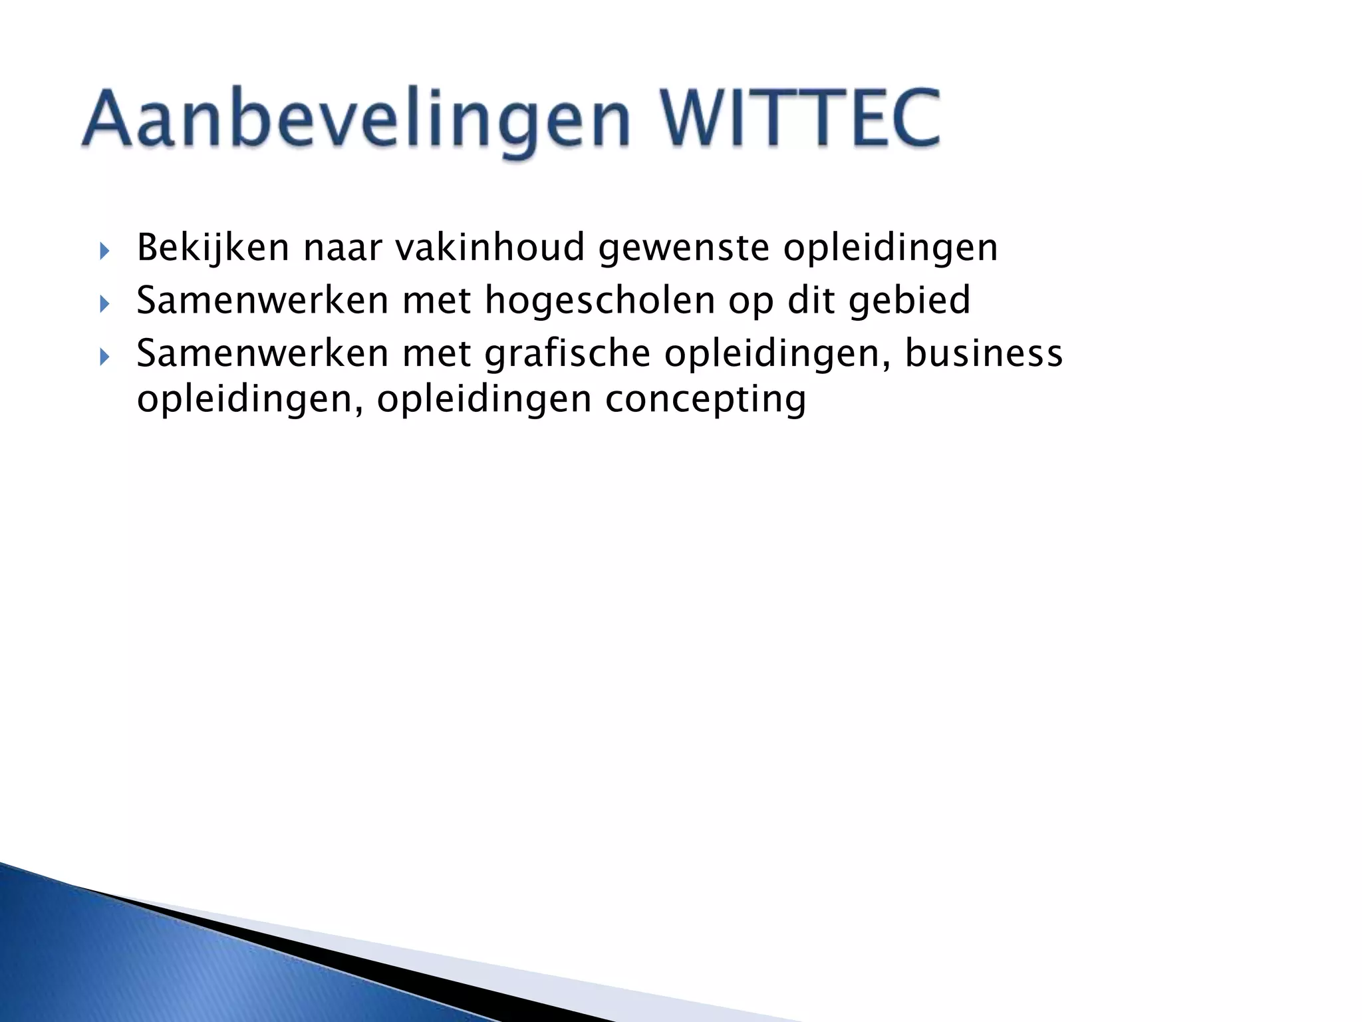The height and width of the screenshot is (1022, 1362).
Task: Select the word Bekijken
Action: click(x=213, y=248)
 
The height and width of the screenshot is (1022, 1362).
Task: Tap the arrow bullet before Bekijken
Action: click(x=103, y=251)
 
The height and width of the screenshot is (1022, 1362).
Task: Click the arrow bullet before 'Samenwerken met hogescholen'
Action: click(x=103, y=304)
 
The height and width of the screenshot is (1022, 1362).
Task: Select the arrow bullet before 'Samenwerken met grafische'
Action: click(x=103, y=357)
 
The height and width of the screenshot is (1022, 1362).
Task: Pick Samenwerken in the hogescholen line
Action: click(x=263, y=300)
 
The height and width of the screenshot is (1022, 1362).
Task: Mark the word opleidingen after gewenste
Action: click(x=890, y=249)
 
